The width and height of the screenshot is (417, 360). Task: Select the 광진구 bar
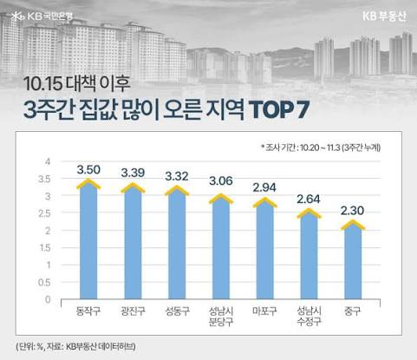[133, 241]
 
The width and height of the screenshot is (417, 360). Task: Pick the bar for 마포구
[265, 248]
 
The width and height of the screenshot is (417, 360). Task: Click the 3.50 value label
[88, 170]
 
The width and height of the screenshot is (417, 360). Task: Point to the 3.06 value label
[221, 181]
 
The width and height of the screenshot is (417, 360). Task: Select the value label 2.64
[309, 199]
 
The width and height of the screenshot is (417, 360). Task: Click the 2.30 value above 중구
[352, 211]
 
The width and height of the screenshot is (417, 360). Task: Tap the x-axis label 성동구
[177, 311]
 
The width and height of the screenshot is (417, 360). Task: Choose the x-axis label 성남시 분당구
[221, 317]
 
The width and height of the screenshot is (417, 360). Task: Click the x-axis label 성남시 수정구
[309, 317]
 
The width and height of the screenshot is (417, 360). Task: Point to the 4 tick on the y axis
[48, 161]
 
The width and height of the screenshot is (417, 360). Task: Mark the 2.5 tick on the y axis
[44, 213]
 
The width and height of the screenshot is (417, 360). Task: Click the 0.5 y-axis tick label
[44, 282]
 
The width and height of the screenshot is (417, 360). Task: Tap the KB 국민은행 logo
[42, 16]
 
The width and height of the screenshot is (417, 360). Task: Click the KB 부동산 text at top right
[384, 16]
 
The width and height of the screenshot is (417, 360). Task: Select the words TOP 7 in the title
[280, 109]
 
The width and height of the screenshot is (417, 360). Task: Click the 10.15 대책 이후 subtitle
[76, 83]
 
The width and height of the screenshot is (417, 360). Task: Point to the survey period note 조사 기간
[321, 147]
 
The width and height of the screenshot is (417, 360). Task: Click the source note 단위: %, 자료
[75, 346]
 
